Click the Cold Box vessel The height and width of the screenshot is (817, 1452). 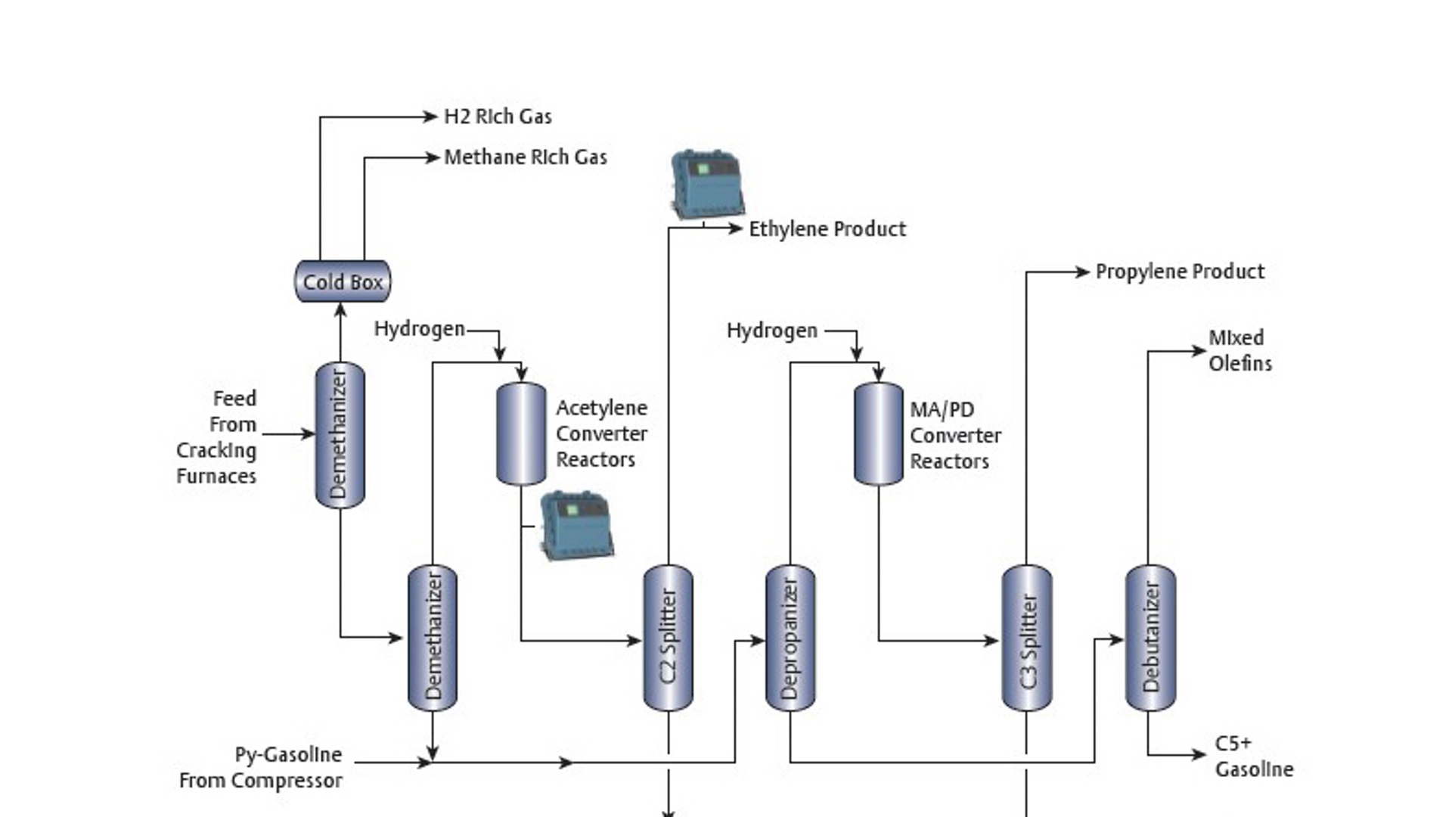[342, 281]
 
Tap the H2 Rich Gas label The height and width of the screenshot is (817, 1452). [498, 116]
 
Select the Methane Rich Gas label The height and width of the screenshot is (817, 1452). [525, 157]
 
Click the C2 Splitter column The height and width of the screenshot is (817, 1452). [668, 637]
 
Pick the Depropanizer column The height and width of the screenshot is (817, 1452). [790, 637]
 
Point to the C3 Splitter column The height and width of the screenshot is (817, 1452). [1026, 637]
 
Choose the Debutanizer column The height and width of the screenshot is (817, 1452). [1149, 637]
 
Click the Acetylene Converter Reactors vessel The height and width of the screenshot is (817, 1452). [520, 433]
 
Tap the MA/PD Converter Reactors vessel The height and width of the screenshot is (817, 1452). [878, 433]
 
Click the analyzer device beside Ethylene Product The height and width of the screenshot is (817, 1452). [707, 185]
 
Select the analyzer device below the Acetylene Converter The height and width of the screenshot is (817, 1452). [576, 524]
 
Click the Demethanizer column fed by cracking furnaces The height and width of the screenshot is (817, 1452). [340, 434]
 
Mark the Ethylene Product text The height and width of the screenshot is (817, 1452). [827, 229]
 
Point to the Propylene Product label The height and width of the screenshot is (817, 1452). [1179, 272]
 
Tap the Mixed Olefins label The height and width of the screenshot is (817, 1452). [1239, 350]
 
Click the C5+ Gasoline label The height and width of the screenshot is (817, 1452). [1252, 756]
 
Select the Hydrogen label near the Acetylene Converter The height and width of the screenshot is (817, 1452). [419, 329]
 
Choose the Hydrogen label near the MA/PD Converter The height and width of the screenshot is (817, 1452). [771, 331]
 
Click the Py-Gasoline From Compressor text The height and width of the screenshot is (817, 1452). [261, 767]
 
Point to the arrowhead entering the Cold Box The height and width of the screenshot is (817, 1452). [340, 310]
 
